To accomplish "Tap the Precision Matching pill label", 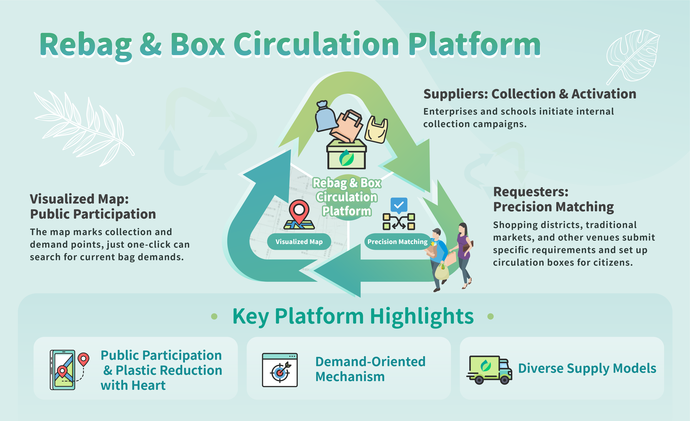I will point(397,242).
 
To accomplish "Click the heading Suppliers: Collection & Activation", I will point(529,94).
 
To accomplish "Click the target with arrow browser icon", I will point(280,370).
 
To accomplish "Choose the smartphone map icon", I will point(63,370).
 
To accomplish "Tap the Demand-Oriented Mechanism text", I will point(370,369).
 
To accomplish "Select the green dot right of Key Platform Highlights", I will point(490,316).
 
